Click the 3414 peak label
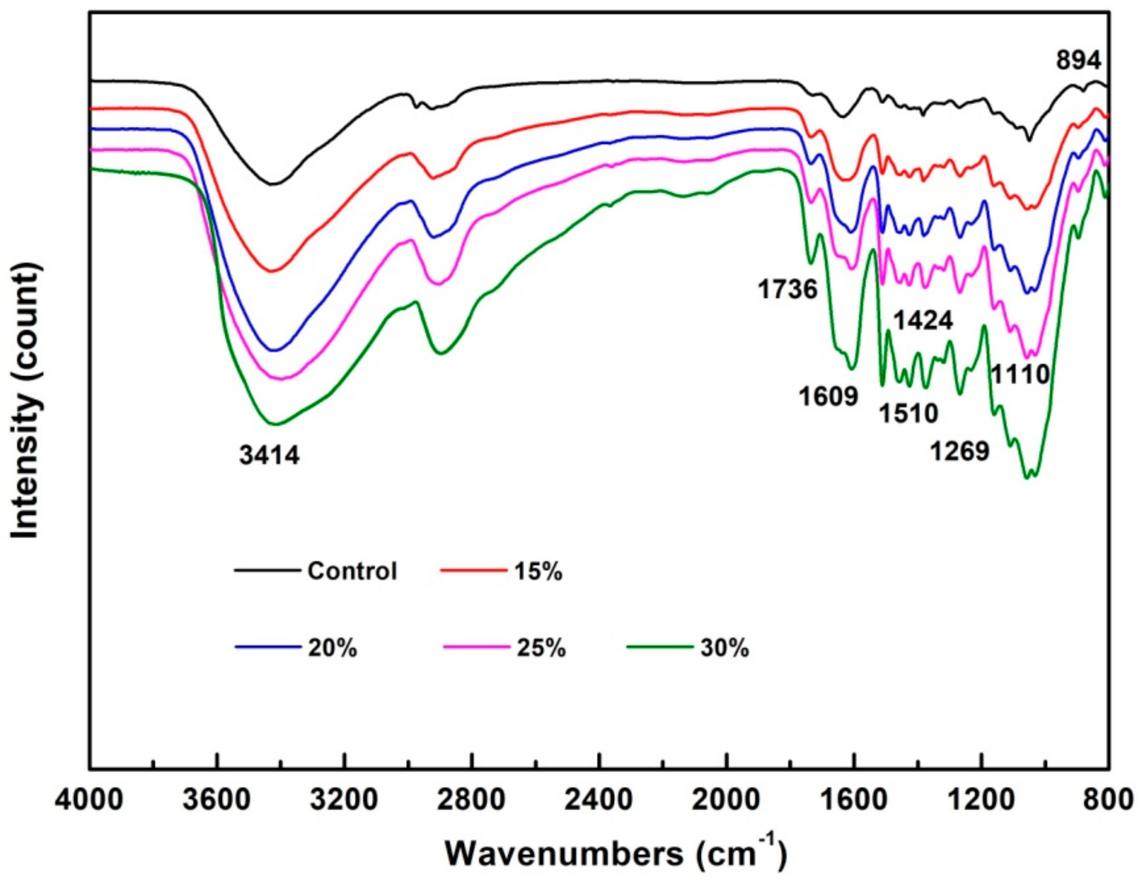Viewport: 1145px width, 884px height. point(270,455)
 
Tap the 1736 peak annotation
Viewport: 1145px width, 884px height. point(787,289)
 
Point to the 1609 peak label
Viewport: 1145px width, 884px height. point(828,396)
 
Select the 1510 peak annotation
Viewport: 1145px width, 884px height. point(908,414)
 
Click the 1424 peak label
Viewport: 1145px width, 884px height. point(922,321)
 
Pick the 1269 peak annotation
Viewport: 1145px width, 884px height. point(959,451)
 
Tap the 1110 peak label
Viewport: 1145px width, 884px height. point(1020,375)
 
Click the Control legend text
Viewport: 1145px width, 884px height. point(352,571)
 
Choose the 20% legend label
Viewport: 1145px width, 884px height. point(332,649)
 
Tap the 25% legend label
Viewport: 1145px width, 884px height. point(541,649)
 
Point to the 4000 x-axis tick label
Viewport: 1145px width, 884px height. point(90,801)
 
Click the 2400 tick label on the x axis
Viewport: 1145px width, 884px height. point(599,801)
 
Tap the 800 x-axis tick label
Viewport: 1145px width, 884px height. point(1107,801)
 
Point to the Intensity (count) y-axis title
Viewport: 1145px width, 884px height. point(26,400)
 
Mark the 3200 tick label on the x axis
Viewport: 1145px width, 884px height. point(345,801)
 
